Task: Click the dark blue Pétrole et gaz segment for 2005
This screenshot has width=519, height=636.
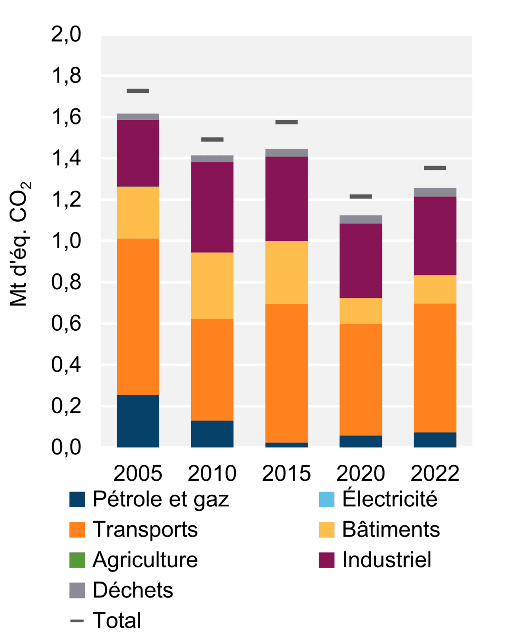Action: (138, 421)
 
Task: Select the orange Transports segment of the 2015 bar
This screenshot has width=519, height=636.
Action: (286, 373)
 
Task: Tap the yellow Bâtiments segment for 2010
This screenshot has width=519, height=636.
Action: (212, 285)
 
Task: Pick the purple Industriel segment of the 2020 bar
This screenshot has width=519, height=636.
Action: (361, 261)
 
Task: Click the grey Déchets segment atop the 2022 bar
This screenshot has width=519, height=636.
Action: (435, 192)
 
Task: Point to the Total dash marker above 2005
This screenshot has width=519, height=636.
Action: (138, 91)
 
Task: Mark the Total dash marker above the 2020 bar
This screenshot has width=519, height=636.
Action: (361, 197)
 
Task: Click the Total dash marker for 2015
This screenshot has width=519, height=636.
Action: (286, 122)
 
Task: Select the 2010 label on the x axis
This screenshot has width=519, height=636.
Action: (212, 473)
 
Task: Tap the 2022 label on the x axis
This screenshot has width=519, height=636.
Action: (435, 473)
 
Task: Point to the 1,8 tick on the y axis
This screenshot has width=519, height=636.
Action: (66, 76)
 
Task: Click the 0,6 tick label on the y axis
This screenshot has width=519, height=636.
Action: (66, 323)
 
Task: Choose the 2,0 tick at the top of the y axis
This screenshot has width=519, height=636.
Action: (66, 35)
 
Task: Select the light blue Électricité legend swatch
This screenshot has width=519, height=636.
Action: (327, 499)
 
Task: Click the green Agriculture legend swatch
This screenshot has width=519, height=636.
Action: (77, 560)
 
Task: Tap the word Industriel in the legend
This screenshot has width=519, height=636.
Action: (387, 560)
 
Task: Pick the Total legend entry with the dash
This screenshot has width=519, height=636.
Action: (116, 620)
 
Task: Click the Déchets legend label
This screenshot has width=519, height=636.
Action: (133, 590)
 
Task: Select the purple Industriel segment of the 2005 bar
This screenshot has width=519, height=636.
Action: (138, 153)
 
